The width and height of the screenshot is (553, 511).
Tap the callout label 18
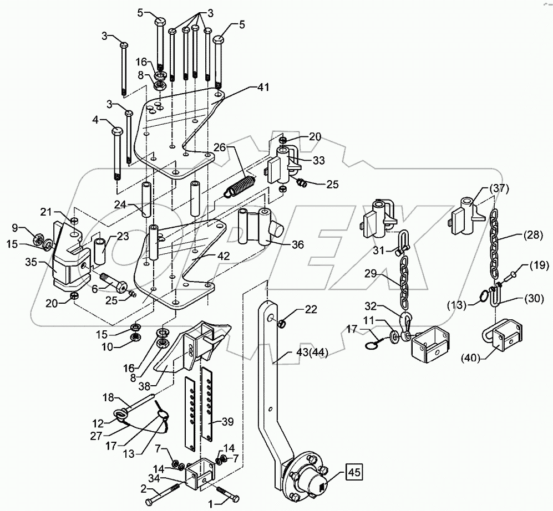pos(109,397)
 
